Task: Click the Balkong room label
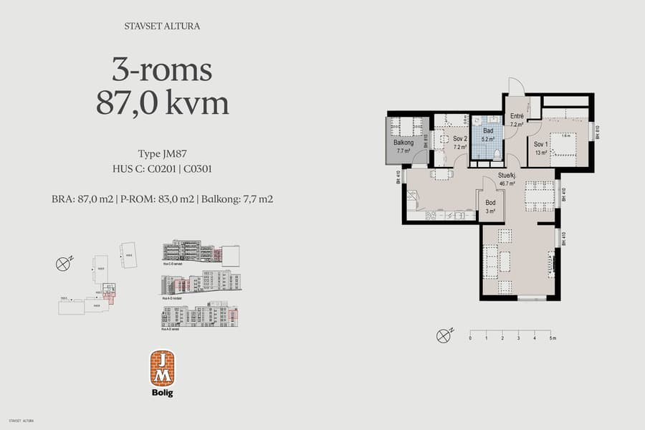click(x=401, y=142)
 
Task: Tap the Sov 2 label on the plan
click(x=460, y=139)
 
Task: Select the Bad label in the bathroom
click(x=488, y=131)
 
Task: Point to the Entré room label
click(x=516, y=116)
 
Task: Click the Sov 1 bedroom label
click(x=540, y=144)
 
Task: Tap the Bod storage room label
click(x=491, y=204)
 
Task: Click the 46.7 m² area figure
click(x=508, y=183)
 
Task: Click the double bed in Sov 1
click(x=565, y=144)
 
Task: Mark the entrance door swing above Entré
click(x=516, y=87)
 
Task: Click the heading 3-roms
click(x=162, y=70)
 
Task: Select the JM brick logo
click(x=162, y=368)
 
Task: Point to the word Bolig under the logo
click(x=162, y=393)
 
